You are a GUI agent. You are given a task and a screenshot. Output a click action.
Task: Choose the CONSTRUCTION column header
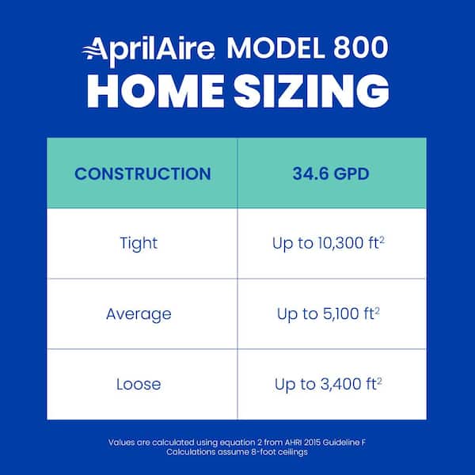tap(142, 173)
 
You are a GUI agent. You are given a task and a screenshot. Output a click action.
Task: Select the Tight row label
tap(139, 243)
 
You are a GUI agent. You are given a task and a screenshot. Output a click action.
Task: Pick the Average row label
tap(139, 313)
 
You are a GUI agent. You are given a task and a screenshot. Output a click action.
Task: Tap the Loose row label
tap(139, 384)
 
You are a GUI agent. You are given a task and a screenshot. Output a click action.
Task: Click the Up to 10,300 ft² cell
tap(328, 243)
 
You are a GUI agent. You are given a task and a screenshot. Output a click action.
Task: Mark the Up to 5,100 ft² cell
tap(328, 313)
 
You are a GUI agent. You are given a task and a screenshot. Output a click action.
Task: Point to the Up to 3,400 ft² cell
tap(328, 384)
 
